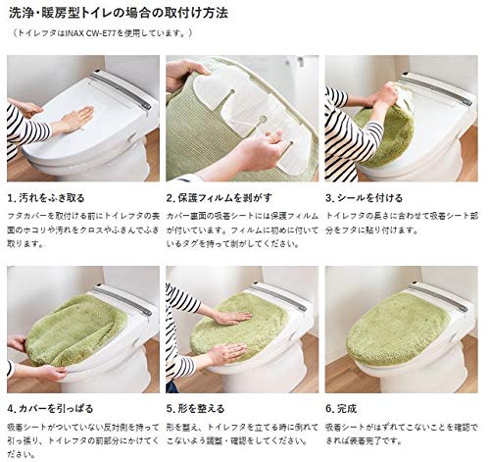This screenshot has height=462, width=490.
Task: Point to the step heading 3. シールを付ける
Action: tap(370, 197)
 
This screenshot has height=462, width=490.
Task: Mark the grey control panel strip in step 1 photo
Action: tap(120, 89)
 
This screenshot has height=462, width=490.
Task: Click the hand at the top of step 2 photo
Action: tap(186, 72)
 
